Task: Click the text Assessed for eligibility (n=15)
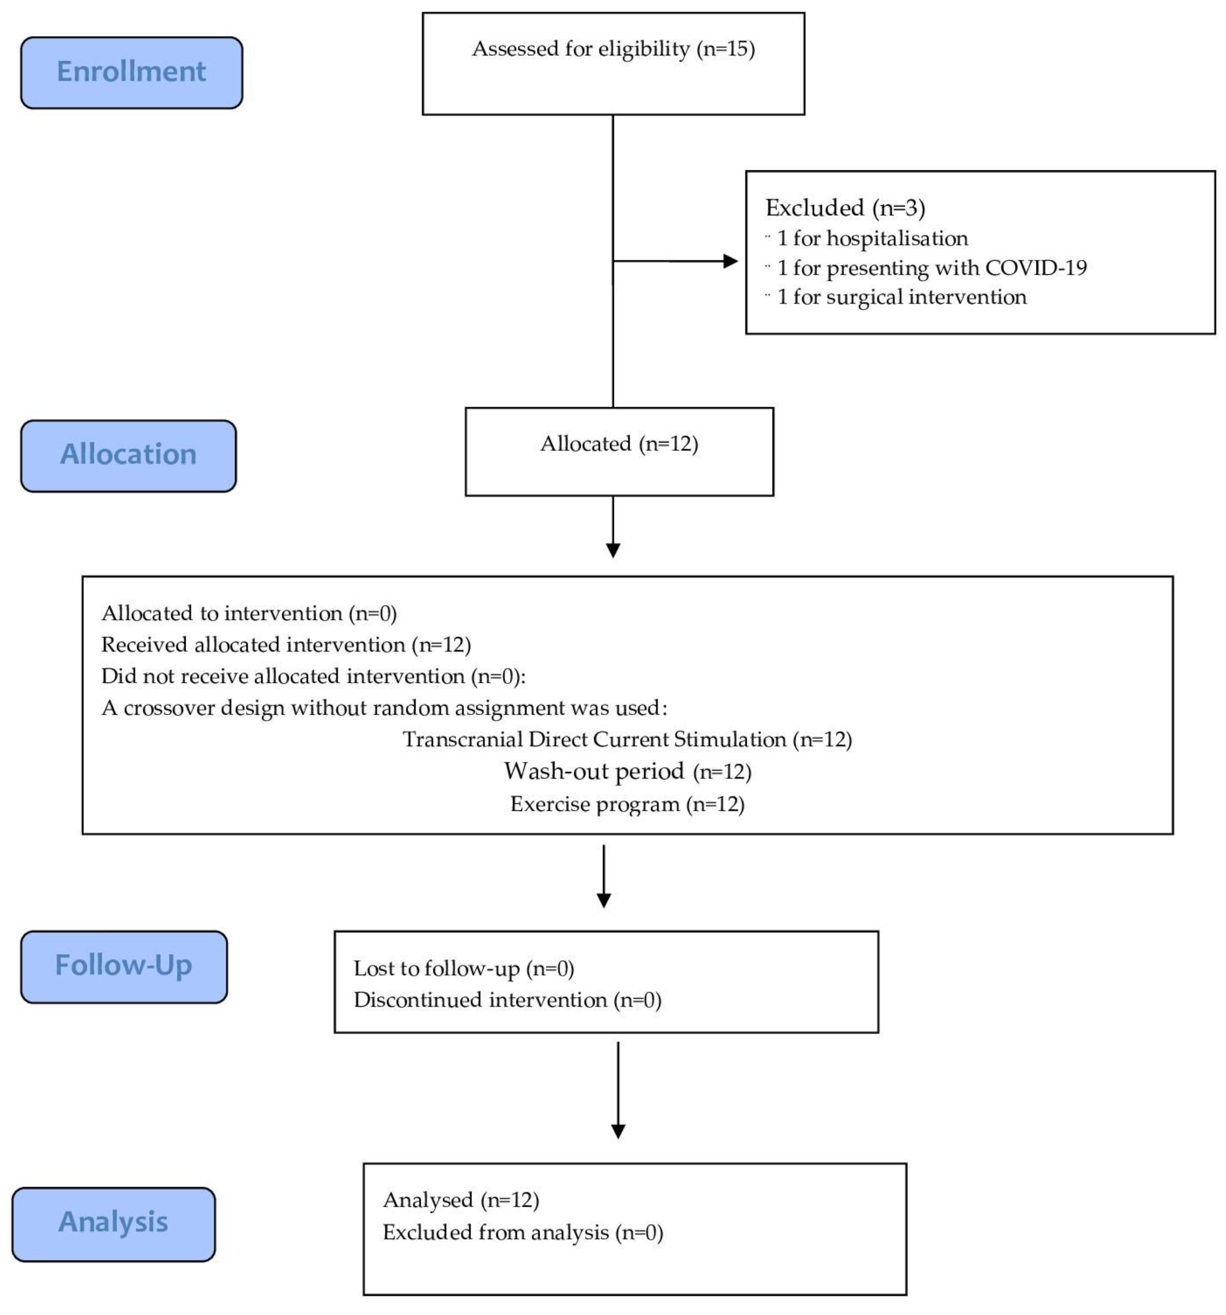(x=613, y=49)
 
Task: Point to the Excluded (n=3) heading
(x=844, y=208)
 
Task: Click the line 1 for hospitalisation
(x=871, y=238)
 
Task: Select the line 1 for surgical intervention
(x=901, y=297)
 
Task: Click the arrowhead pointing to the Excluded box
(x=730, y=261)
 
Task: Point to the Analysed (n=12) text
(x=461, y=1200)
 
